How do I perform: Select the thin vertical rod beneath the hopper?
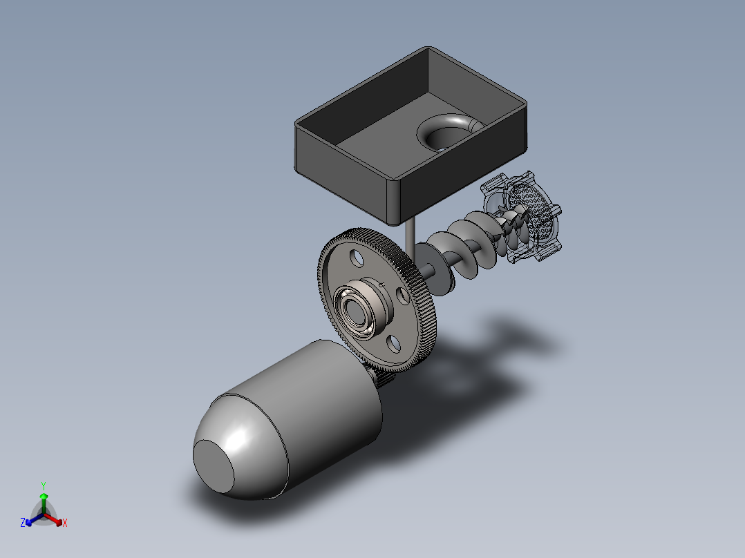[x=410, y=242]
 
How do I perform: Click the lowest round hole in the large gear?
[x=394, y=345]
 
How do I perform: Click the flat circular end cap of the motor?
[x=214, y=465]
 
